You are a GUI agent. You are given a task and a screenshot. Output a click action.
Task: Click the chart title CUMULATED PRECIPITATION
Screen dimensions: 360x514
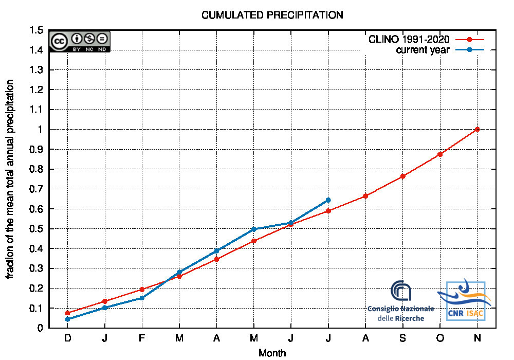click(272, 15)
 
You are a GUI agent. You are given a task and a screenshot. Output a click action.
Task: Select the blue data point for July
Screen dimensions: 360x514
click(328, 200)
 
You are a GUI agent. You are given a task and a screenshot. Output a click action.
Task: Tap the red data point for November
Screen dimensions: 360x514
click(478, 129)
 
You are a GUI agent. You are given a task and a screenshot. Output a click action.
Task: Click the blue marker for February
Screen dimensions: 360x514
click(142, 298)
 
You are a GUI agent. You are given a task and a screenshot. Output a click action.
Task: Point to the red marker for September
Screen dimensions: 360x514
click(403, 176)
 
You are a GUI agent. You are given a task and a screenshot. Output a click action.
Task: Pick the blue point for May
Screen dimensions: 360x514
click(254, 229)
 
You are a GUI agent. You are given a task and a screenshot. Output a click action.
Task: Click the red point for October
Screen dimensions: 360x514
click(440, 154)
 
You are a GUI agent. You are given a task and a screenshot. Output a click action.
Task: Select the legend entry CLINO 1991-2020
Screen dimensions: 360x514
click(409, 40)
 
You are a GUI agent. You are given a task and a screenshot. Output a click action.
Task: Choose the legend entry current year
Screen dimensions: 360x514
click(423, 50)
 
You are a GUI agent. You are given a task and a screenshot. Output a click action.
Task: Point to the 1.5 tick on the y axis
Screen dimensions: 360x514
click(36, 30)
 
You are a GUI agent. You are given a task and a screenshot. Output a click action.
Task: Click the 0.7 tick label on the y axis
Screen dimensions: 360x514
click(36, 189)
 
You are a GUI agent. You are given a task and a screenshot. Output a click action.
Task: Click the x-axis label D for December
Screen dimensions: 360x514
click(67, 338)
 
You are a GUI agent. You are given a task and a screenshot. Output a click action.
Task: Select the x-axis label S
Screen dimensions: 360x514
click(403, 338)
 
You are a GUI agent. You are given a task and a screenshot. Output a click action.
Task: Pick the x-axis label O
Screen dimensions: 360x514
click(440, 338)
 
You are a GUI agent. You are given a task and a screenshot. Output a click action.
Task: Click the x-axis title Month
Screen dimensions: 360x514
click(272, 353)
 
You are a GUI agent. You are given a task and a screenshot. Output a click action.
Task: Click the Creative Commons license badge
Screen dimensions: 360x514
click(80, 41)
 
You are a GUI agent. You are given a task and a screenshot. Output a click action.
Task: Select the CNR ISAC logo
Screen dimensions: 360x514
click(465, 301)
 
